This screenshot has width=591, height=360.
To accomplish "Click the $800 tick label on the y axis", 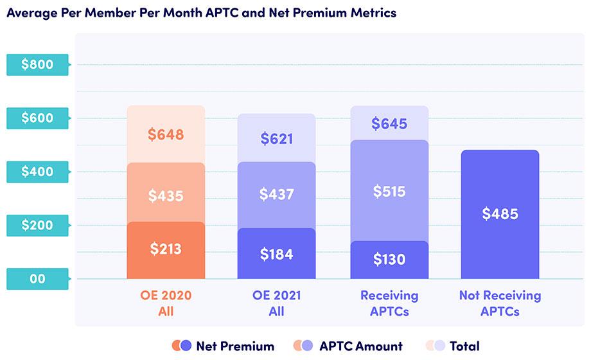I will [x=37, y=64].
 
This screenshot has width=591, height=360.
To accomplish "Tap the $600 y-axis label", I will [x=37, y=118].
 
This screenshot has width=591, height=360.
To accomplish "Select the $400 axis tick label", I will [x=37, y=172].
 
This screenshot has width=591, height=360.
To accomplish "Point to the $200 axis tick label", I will [x=37, y=225].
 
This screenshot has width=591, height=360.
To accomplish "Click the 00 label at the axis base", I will [x=37, y=279].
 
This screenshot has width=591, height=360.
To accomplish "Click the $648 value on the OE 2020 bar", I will [x=166, y=135].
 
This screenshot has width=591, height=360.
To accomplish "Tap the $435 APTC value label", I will [x=166, y=195].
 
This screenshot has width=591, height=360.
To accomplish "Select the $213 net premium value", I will [x=166, y=249].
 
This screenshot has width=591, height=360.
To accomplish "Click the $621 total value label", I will [x=276, y=138].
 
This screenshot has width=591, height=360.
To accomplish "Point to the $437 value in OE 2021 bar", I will [x=276, y=194].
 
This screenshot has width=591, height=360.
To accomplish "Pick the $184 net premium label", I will [x=276, y=254].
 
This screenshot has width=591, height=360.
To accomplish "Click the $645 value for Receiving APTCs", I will [x=389, y=123].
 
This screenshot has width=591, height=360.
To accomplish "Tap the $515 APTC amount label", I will [x=389, y=191].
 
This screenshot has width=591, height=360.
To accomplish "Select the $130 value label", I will [x=389, y=260].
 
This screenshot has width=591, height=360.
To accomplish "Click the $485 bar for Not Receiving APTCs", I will [x=500, y=214].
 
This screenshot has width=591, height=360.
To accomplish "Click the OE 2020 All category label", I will [x=166, y=303].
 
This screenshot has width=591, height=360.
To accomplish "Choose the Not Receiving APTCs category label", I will [x=500, y=303].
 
